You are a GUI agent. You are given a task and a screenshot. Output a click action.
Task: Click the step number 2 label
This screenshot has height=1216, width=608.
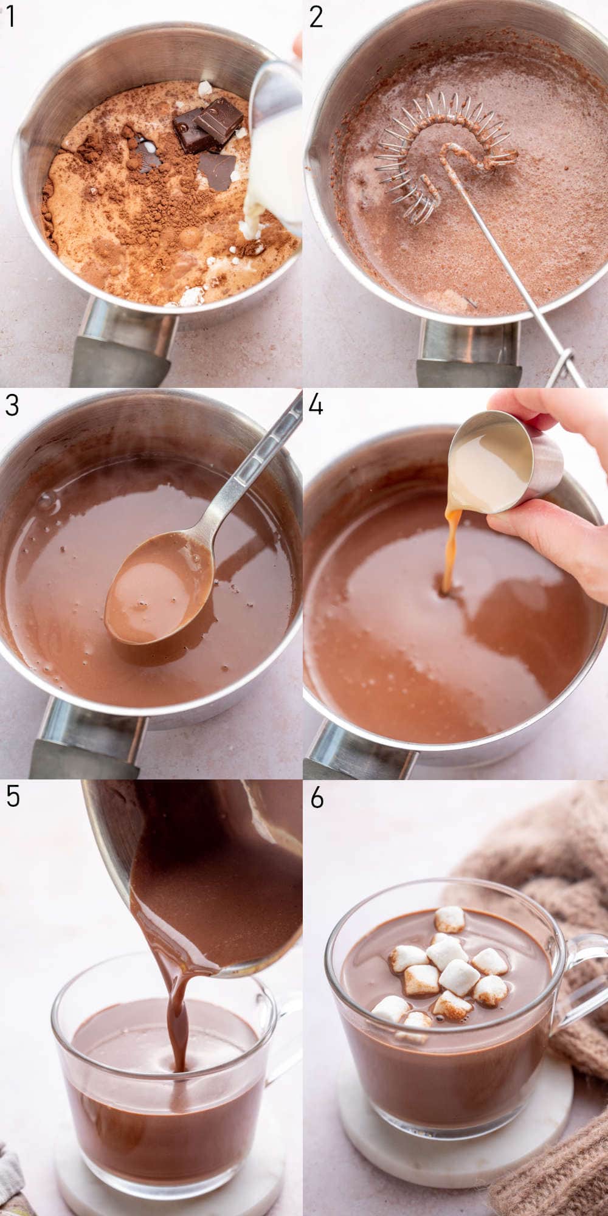(316, 17)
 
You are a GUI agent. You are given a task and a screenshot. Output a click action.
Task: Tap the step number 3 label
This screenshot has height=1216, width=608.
(12, 405)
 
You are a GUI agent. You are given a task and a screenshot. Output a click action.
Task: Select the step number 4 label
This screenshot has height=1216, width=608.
(316, 405)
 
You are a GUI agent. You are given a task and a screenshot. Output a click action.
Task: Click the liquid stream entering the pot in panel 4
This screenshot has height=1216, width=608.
(450, 553)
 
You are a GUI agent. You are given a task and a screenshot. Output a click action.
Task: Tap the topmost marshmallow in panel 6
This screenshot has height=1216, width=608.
(450, 919)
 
